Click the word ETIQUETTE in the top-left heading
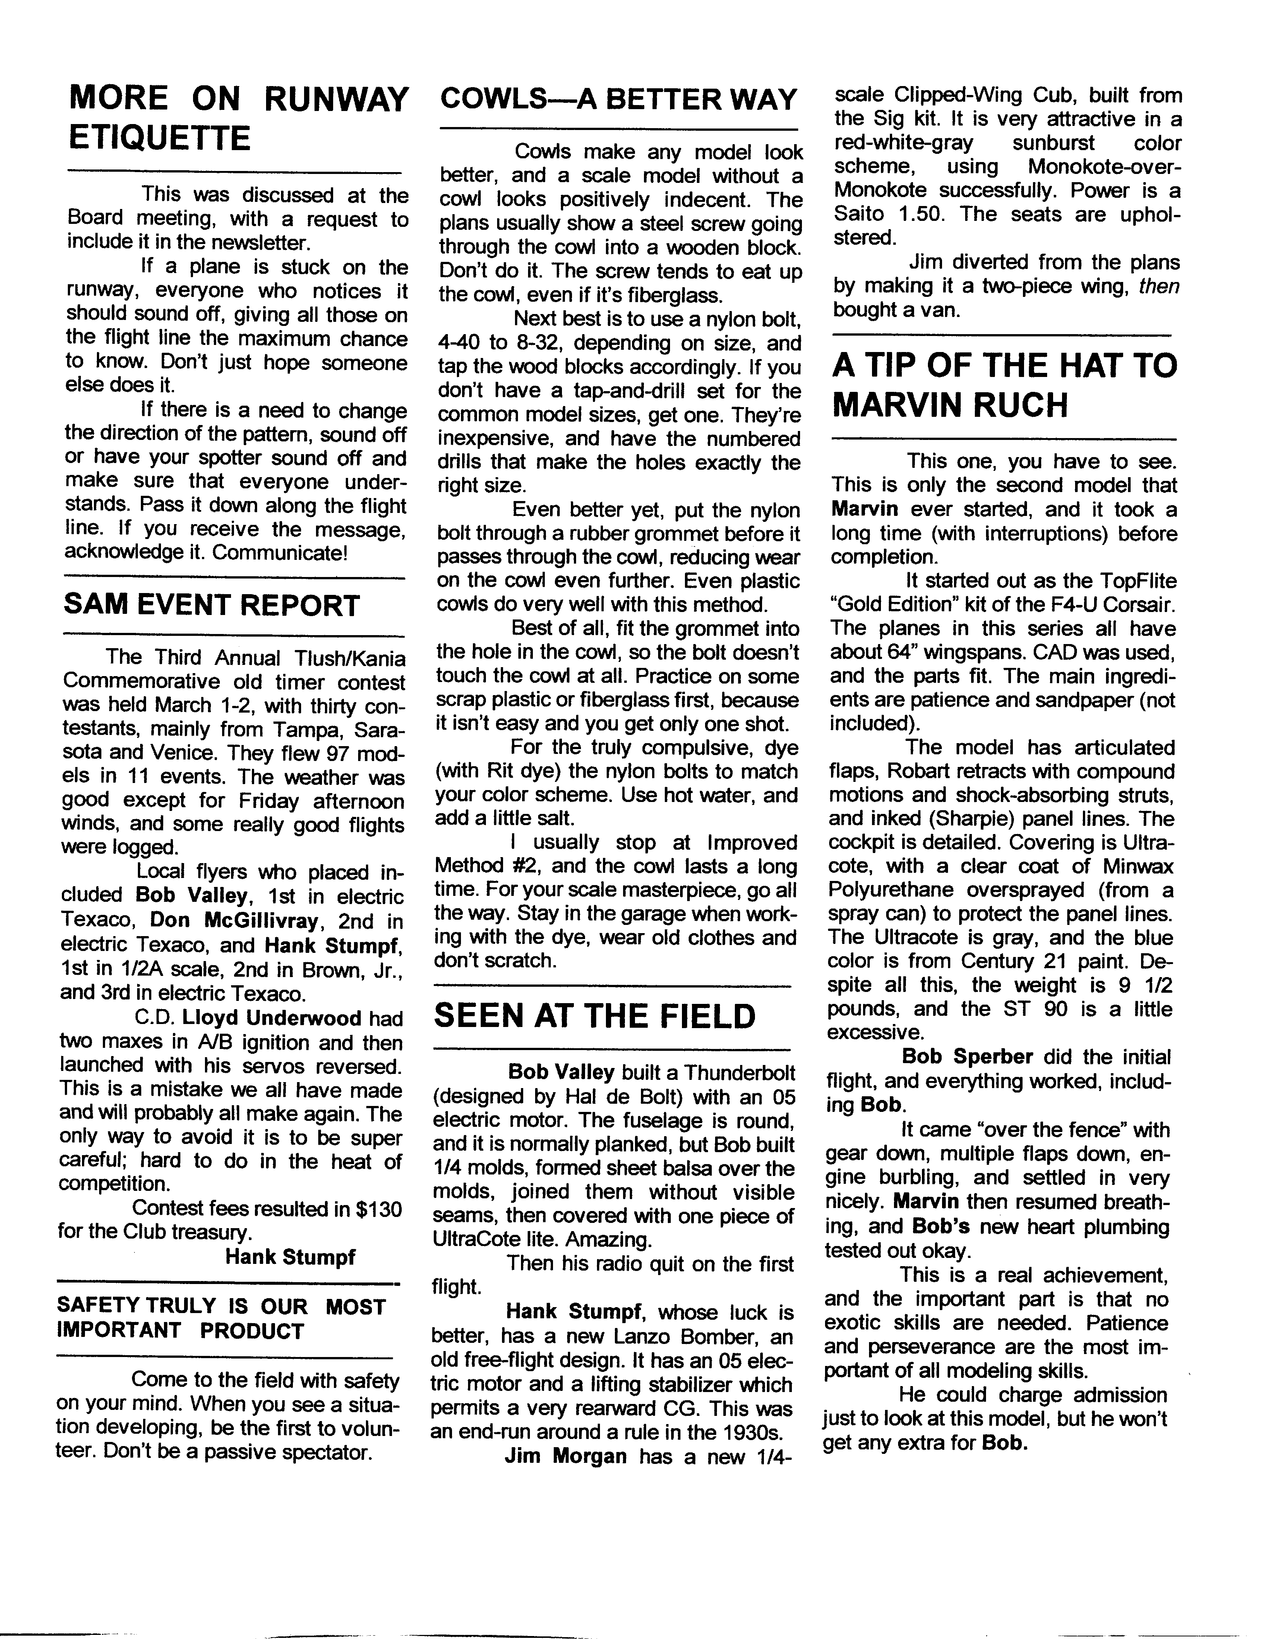click(x=159, y=138)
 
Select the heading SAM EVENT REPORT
click(x=212, y=605)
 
